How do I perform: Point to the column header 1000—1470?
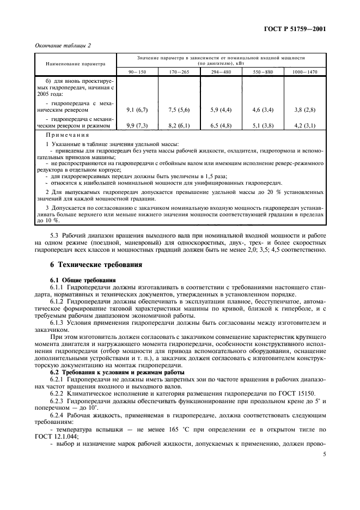click(304, 71)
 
